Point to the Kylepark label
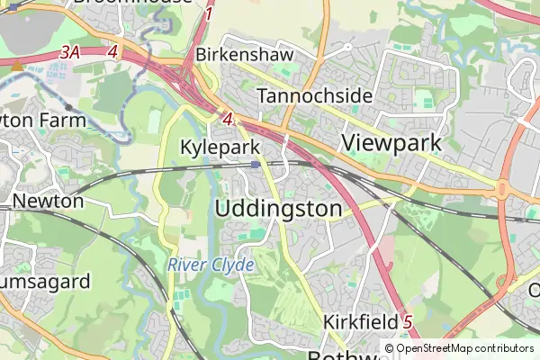pyautogui.click(x=220, y=147)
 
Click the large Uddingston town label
pyautogui.click(x=279, y=209)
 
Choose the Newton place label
pyautogui.click(x=48, y=201)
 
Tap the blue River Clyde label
pyautogui.click(x=211, y=265)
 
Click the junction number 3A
pyautogui.click(x=70, y=53)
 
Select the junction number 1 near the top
pyautogui.click(x=209, y=14)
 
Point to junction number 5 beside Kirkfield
pyautogui.click(x=408, y=321)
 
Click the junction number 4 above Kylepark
pyautogui.click(x=227, y=119)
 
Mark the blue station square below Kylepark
pyautogui.click(x=256, y=165)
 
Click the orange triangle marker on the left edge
pyautogui.click(x=17, y=65)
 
